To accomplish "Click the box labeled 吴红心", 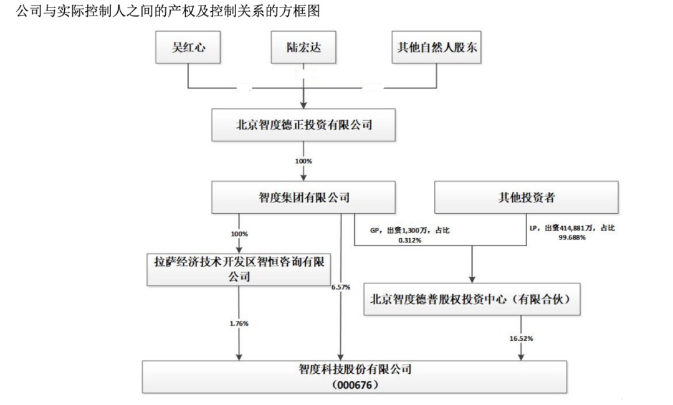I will click(188, 47).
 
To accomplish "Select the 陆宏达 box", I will click(304, 47).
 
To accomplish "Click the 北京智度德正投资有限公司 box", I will click(304, 125).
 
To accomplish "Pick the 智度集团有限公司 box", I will click(304, 198).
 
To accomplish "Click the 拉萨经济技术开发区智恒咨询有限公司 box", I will click(239, 269).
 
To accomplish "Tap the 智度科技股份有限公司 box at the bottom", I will click(355, 369).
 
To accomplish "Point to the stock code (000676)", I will click(355, 384).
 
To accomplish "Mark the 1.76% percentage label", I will click(239, 323).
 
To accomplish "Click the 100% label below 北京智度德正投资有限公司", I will click(304, 161).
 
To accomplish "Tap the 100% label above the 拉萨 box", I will click(239, 234).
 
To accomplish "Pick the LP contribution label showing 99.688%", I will click(570, 233).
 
